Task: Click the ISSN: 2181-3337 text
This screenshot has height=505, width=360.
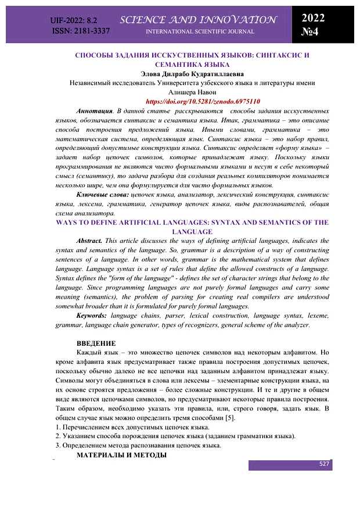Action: click(x=81, y=30)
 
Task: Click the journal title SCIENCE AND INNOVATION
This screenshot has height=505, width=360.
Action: click(x=199, y=20)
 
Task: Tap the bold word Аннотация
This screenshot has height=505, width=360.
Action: click(x=94, y=110)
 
